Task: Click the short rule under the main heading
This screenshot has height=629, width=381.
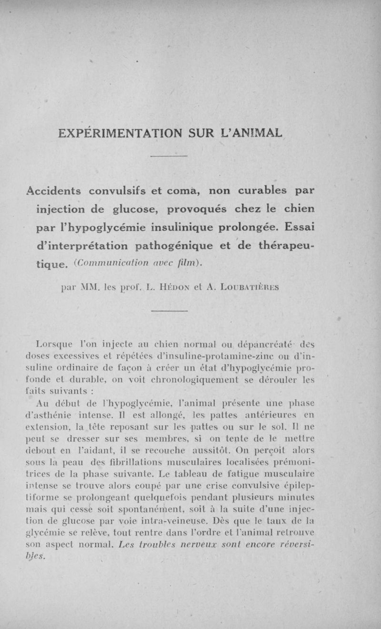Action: (x=170, y=155)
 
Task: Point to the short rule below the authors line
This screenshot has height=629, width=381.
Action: (x=170, y=311)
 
